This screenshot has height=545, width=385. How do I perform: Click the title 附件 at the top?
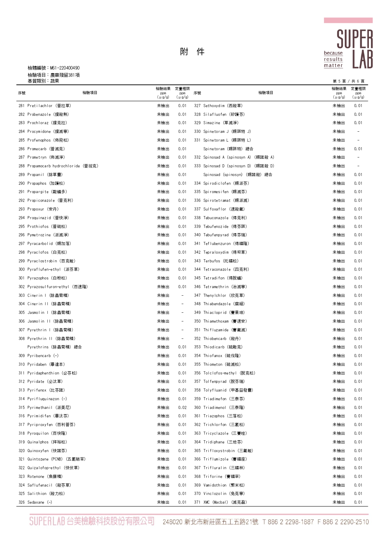tap(192, 52)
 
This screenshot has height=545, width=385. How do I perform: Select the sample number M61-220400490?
tap(65, 68)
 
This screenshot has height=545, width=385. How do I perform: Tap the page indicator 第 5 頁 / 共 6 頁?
tap(348, 81)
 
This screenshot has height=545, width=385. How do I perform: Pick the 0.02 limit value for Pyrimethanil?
tap(182, 407)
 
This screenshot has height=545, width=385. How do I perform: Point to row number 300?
tap(21, 269)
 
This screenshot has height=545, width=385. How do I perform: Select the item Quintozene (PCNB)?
tap(56, 459)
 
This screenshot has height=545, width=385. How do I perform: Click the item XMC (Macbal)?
tap(225, 502)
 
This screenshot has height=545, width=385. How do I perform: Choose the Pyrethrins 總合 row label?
tap(55, 347)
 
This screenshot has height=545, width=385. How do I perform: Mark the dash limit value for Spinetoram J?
tap(358, 132)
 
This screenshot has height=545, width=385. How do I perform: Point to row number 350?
tap(197, 321)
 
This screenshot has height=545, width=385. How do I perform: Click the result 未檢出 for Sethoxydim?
tap(338, 106)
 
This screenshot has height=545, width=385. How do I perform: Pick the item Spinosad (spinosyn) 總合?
tap(238, 175)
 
